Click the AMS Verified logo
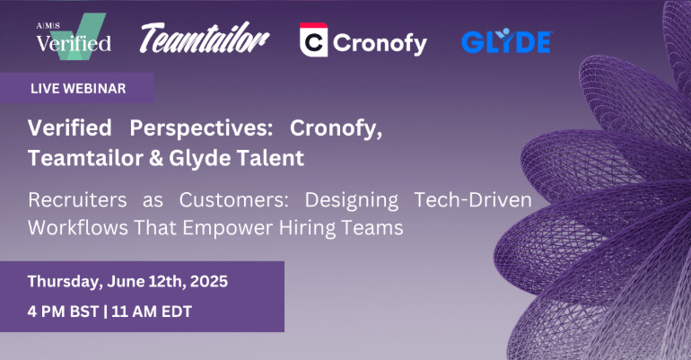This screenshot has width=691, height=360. [x=74, y=36]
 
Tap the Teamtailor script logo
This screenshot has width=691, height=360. [x=205, y=38]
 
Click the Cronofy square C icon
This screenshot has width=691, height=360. [x=313, y=40]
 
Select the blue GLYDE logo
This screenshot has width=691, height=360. [x=507, y=41]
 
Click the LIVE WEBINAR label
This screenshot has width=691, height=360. [x=78, y=89]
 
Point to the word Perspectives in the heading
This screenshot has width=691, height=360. [x=201, y=128]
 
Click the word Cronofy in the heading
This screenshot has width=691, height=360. [x=336, y=128]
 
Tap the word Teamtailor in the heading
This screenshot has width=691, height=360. [x=85, y=158]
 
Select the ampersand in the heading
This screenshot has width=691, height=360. [x=156, y=158]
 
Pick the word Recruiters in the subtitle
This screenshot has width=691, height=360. [x=77, y=199]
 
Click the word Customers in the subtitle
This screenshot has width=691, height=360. [x=233, y=200]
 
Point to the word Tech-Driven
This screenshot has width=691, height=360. [x=473, y=199]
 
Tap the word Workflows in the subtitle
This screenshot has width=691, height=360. [x=78, y=228]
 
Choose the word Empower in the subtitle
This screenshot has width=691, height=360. [x=228, y=229]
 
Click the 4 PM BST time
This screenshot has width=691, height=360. [x=63, y=312]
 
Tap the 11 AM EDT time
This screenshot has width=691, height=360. [x=152, y=312]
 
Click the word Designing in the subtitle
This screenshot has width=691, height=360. [x=352, y=200]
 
